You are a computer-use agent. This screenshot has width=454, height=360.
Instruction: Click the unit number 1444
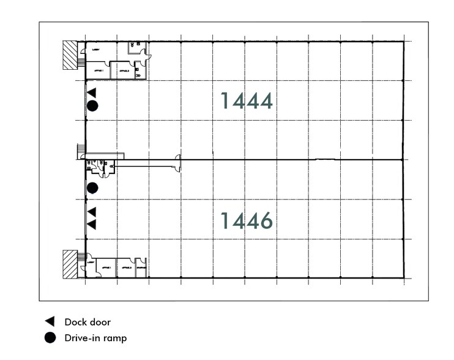click(x=246, y=101)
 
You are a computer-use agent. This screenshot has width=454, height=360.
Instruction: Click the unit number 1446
click(x=246, y=220)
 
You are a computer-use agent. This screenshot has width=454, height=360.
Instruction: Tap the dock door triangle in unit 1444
click(x=92, y=92)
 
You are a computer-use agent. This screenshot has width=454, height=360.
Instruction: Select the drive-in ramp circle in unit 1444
click(x=92, y=106)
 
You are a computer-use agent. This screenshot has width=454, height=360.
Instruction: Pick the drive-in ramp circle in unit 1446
click(x=92, y=187)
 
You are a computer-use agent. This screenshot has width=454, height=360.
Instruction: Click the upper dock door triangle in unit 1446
click(x=92, y=212)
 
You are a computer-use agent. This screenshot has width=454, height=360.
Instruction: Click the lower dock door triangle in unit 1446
click(x=92, y=225)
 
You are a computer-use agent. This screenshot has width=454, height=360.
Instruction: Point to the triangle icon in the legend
click(x=50, y=321)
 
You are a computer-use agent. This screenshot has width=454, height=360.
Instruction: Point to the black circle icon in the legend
click(x=50, y=337)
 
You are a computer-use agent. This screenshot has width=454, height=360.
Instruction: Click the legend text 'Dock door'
click(x=87, y=321)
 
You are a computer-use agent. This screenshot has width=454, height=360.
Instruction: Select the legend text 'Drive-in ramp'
click(x=95, y=337)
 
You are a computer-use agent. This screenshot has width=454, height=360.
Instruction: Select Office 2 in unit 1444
click(x=124, y=71)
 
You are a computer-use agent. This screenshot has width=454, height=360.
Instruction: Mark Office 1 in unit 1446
click(x=107, y=268)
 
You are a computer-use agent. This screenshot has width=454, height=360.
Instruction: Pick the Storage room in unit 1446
click(x=141, y=268)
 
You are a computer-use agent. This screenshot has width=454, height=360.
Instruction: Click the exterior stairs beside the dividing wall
click(x=79, y=150)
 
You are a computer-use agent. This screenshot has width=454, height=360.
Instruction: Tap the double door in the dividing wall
click(x=178, y=162)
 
